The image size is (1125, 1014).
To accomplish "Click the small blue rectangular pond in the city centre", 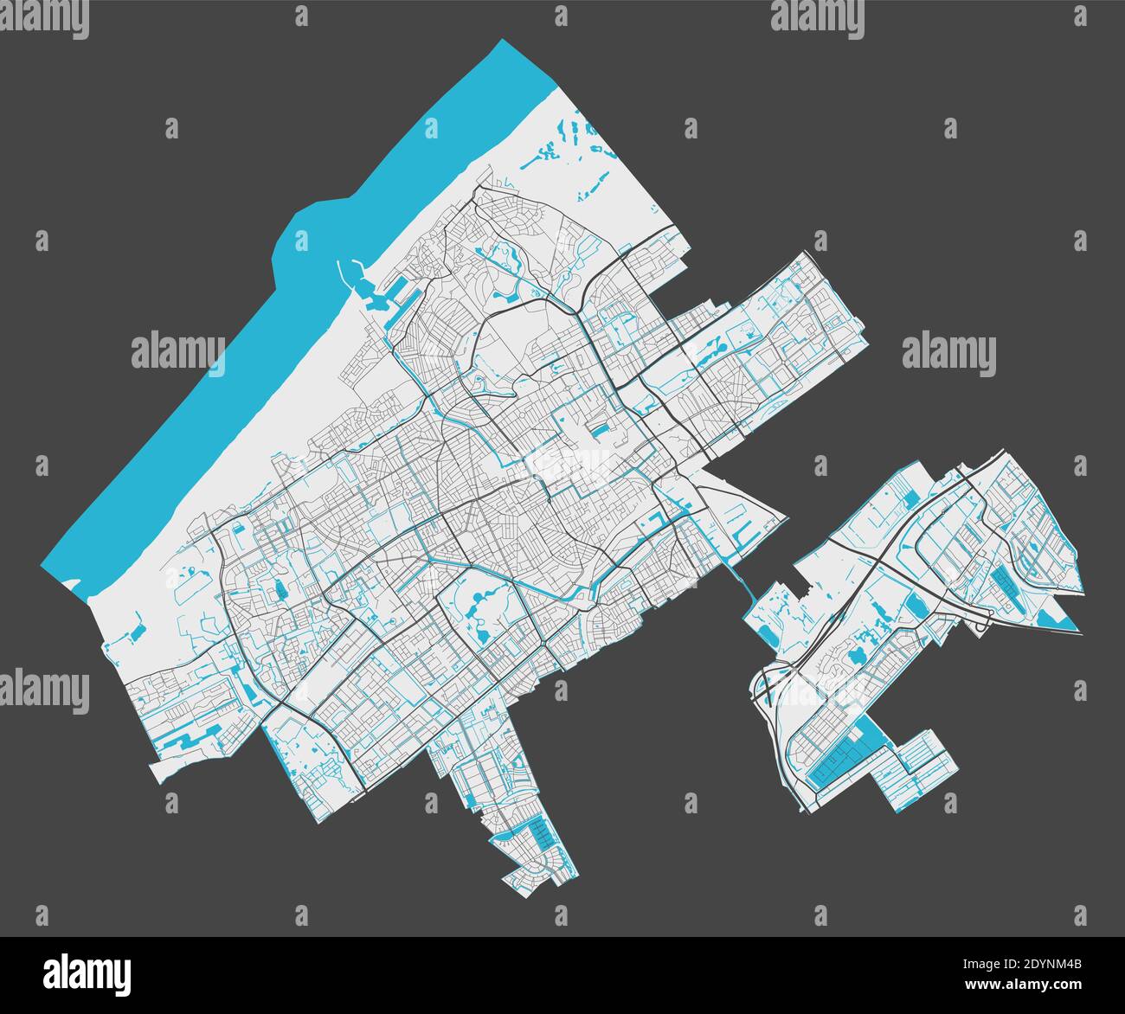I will [x=599, y=430].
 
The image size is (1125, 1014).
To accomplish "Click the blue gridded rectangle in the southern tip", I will [x=539, y=834].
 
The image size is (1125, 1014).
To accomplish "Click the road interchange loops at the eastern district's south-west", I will [x=766, y=683].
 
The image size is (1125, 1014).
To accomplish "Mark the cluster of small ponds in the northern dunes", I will [x=571, y=147].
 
